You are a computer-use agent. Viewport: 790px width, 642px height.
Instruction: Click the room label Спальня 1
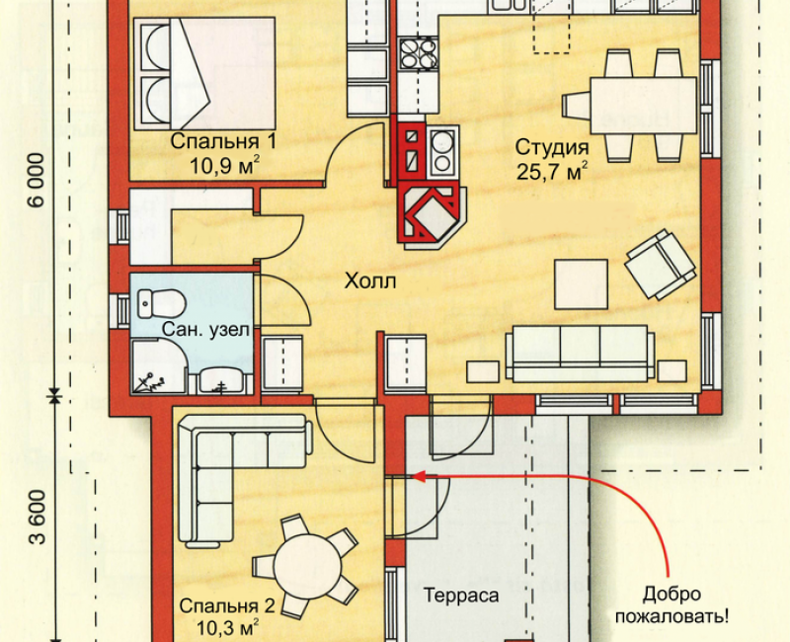[x=223, y=141]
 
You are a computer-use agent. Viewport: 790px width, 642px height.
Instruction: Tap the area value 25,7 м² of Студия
[x=552, y=172]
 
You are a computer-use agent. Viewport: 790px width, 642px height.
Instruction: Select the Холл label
[x=370, y=281]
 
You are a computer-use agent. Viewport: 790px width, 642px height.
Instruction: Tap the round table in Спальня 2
[x=308, y=564]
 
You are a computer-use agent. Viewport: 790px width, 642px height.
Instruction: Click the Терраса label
[x=461, y=596]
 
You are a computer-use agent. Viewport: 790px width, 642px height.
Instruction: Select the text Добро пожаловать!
[x=671, y=604]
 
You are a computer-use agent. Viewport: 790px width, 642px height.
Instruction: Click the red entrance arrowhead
[x=419, y=476]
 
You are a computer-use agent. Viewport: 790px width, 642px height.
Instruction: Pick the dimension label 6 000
[x=37, y=180]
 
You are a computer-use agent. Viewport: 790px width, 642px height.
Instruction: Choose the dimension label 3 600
[x=37, y=518]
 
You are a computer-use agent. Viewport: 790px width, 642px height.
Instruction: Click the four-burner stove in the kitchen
[x=418, y=53]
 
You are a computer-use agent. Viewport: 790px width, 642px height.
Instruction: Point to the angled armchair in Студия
[x=661, y=264]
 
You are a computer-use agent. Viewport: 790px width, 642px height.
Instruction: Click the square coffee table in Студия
[x=581, y=284]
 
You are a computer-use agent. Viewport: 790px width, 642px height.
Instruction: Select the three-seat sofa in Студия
[x=580, y=353]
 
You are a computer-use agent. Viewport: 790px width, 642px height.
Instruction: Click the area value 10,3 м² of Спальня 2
[x=227, y=628]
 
